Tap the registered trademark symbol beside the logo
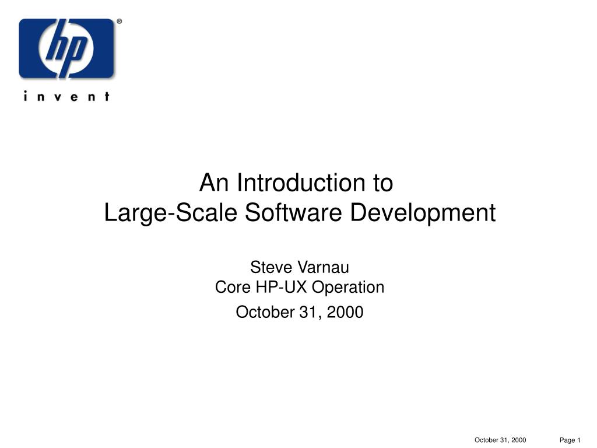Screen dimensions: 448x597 point(119,22)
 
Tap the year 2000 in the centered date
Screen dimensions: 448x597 point(345,312)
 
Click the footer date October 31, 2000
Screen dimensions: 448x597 point(500,440)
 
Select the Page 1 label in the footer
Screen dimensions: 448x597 point(570,440)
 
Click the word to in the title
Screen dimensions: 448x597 point(382,183)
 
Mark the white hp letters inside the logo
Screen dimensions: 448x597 point(66,48)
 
